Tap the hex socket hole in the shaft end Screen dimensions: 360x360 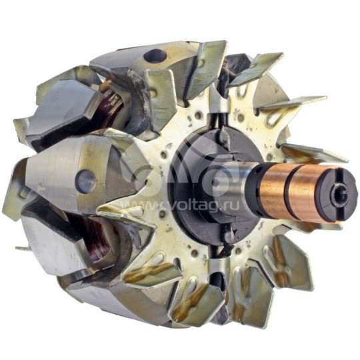pyautogui.click(x=341, y=195)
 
